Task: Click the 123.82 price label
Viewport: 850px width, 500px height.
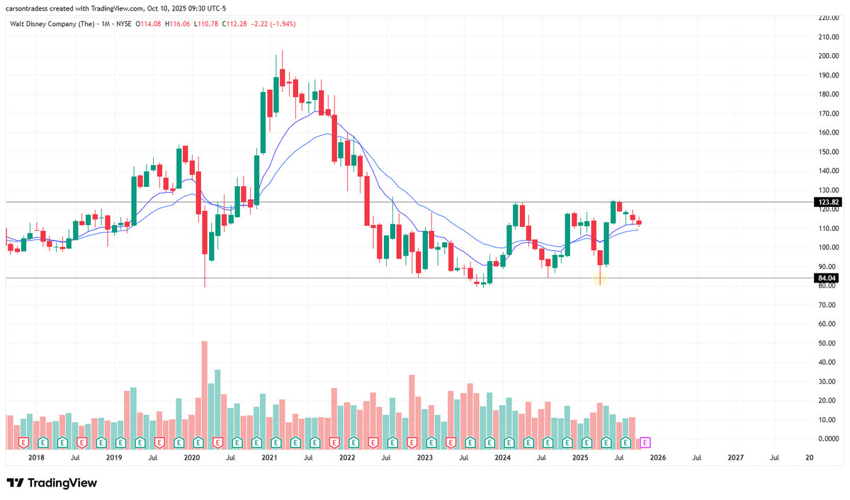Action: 828,202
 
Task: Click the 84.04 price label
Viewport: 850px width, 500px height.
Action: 828,278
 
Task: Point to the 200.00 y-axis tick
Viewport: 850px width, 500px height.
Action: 828,56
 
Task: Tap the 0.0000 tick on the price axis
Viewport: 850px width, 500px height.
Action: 828,438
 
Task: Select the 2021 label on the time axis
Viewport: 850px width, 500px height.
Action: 268,458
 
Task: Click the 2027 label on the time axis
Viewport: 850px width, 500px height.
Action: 735,458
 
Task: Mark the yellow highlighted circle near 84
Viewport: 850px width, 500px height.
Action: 600,279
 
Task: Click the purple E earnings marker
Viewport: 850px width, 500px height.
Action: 645,443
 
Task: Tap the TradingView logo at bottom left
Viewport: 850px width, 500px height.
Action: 52,483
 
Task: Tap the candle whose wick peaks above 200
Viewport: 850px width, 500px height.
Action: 282,74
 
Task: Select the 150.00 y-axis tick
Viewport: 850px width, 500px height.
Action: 828,152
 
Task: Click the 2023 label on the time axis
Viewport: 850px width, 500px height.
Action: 424,458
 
